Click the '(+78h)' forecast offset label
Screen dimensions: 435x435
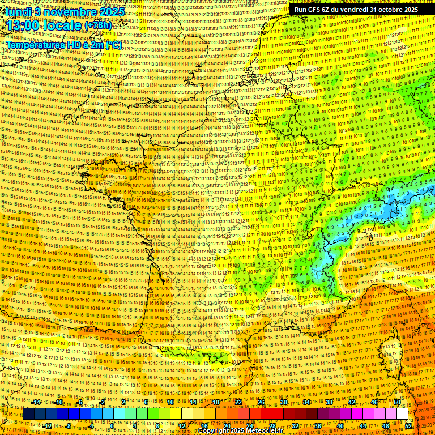[97, 25]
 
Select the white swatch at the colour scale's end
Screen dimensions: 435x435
[402, 414]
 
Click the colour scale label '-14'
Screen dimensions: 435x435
[37, 402]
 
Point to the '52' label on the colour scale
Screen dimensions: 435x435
[409, 426]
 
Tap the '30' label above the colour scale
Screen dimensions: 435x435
[284, 402]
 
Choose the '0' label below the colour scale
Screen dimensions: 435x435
[112, 426]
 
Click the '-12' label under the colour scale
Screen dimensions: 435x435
[48, 426]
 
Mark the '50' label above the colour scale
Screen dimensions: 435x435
[397, 402]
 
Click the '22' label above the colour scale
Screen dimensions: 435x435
[238, 402]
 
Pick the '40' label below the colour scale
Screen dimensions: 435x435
[340, 426]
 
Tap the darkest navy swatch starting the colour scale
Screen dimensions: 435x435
[28, 414]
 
